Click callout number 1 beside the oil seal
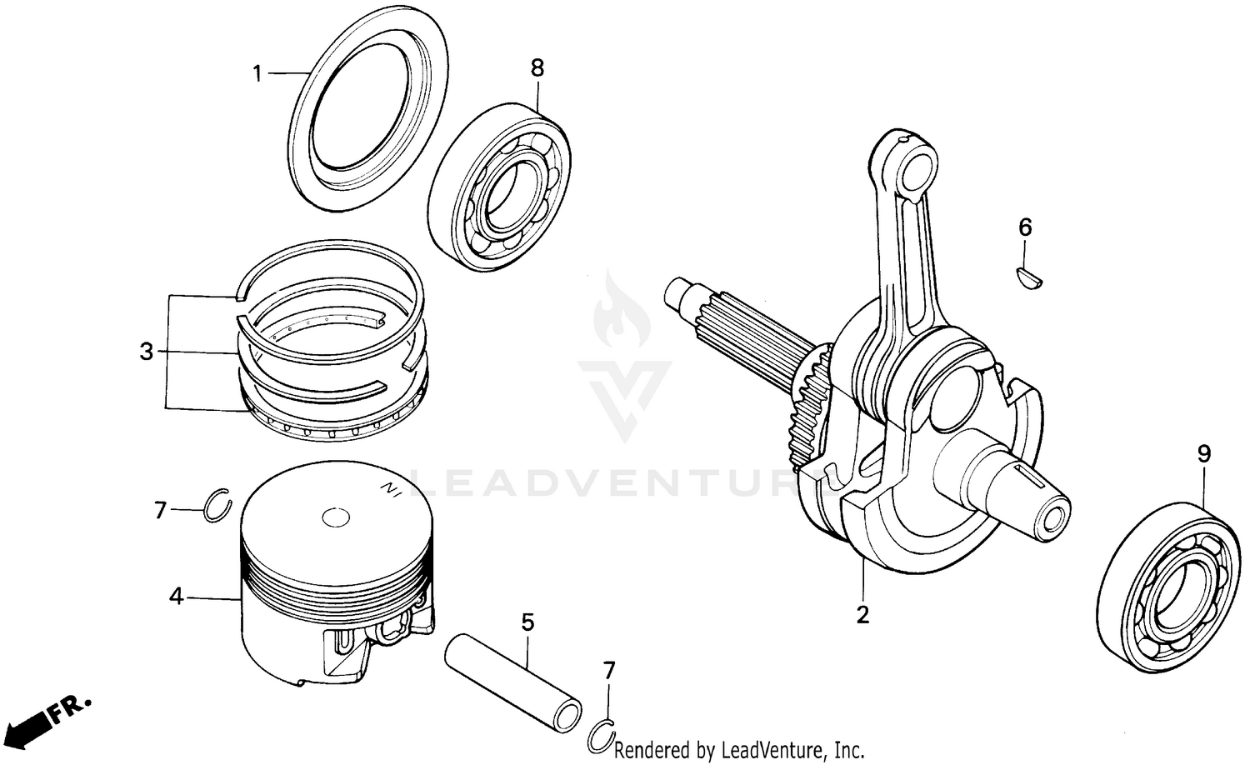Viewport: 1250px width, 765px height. point(257,74)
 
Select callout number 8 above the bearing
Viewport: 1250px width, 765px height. point(537,68)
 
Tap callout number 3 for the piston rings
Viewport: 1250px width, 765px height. point(147,352)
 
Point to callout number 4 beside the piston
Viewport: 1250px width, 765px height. point(176,597)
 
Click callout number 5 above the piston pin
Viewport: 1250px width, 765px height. point(527,622)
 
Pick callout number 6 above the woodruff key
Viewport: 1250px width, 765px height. point(1025,227)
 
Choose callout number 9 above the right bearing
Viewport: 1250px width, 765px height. point(1204,454)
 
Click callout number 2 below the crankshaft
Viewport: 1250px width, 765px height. point(862,614)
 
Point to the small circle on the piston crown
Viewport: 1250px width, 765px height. point(337,517)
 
